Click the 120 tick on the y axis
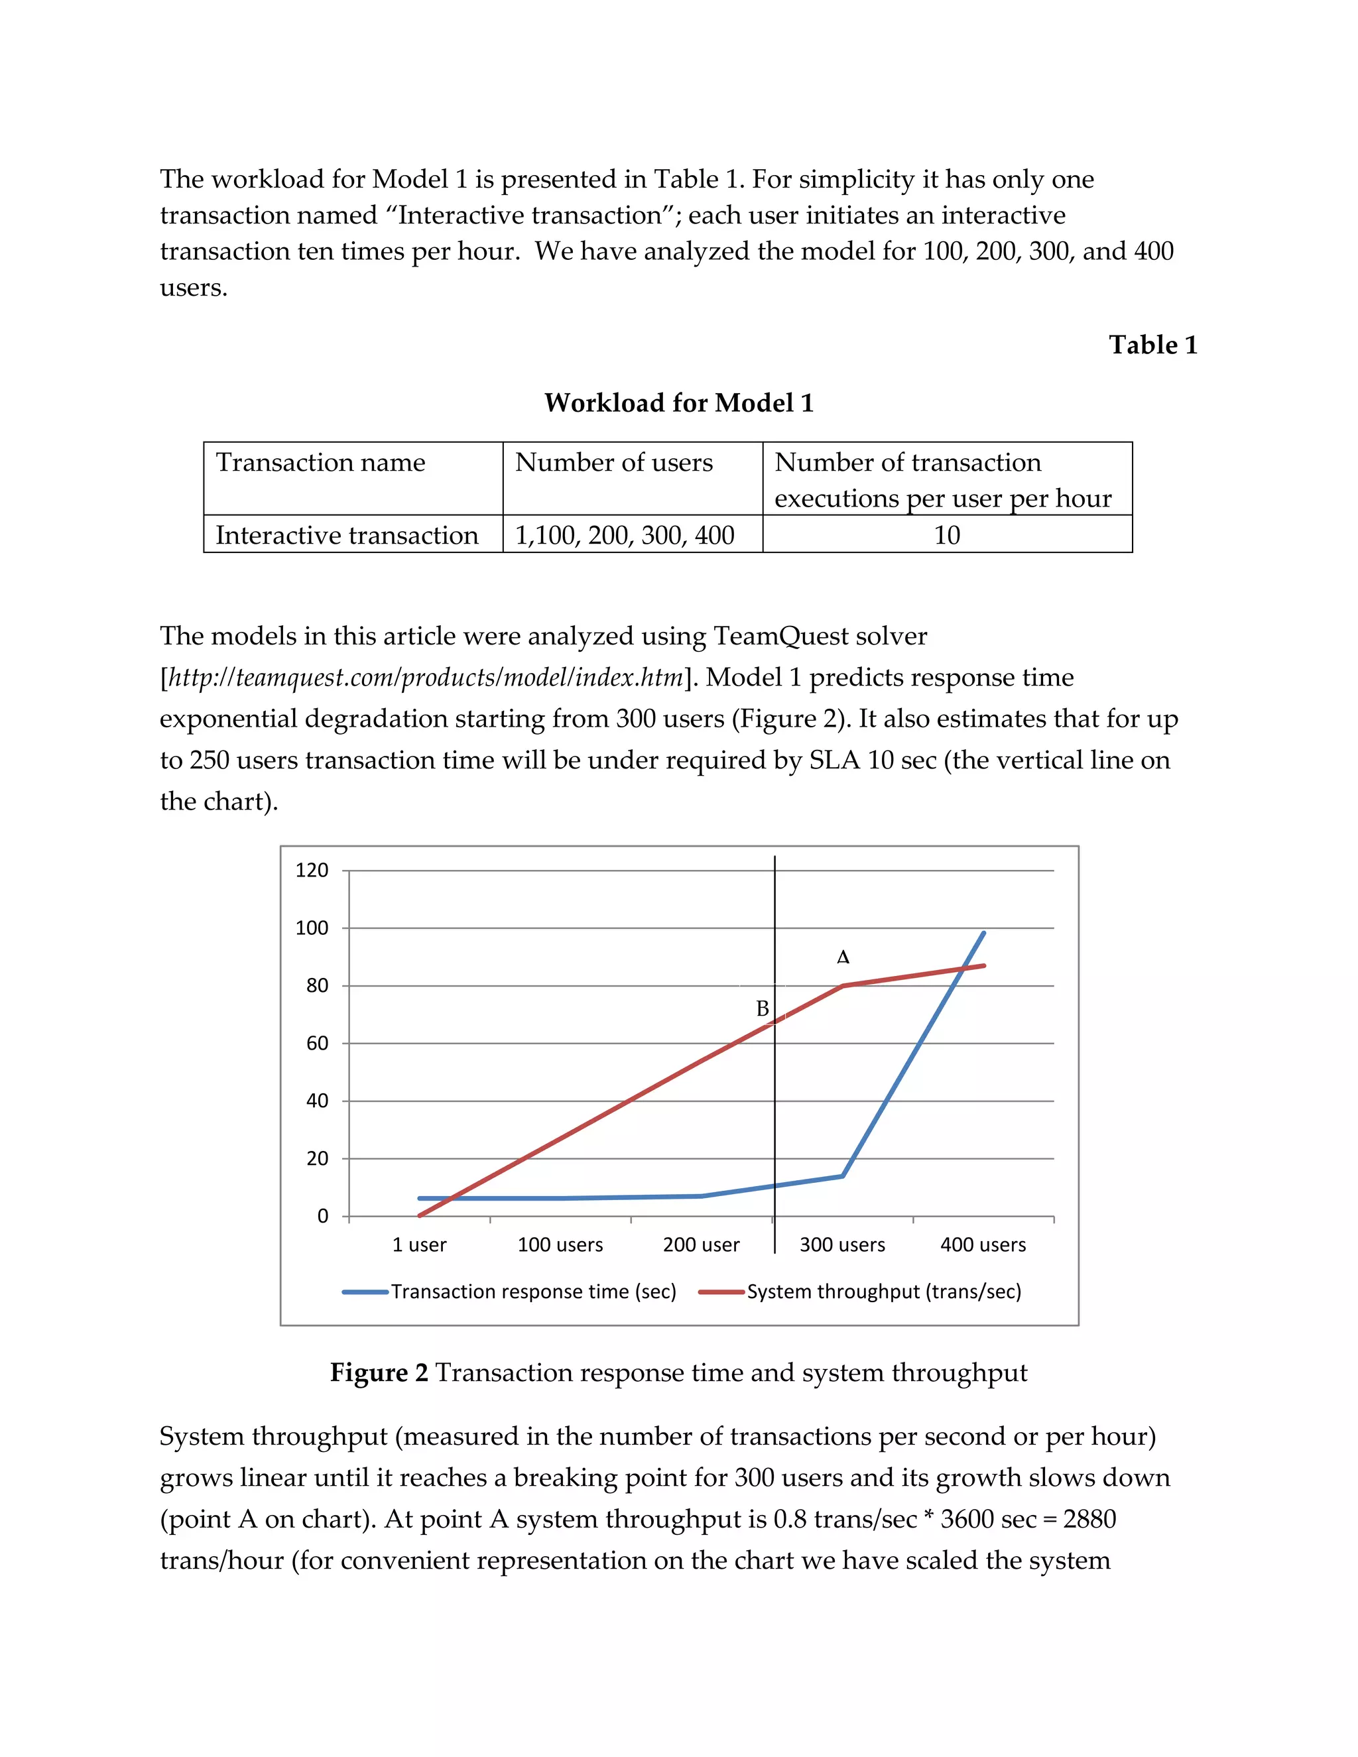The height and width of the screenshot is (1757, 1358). point(312,870)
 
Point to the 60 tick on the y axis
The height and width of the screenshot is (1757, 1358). point(316,1043)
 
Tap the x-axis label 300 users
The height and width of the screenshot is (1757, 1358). point(841,1244)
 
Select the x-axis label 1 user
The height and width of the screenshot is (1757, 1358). point(418,1244)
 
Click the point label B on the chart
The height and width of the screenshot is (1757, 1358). point(762,1008)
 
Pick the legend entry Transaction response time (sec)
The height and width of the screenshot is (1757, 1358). point(532,1291)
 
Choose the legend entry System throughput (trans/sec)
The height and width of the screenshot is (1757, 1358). point(883,1291)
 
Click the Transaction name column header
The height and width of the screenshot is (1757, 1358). point(320,463)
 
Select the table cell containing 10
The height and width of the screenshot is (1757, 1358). point(946,535)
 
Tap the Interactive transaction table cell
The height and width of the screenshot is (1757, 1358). point(347,535)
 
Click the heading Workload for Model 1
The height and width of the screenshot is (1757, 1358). point(678,402)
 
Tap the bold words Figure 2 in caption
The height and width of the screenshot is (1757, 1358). point(379,1372)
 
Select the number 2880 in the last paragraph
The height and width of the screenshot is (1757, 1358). point(1089,1519)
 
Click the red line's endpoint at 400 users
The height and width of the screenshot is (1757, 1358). point(983,966)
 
